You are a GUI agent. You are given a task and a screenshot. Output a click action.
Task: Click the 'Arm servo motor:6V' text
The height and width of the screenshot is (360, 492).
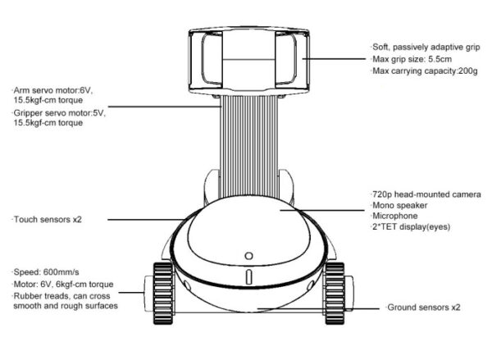[x=49, y=89]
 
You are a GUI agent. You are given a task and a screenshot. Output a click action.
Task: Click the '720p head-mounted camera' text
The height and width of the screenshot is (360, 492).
[x=426, y=194]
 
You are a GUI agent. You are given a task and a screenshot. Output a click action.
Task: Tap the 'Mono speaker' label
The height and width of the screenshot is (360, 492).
[x=399, y=205]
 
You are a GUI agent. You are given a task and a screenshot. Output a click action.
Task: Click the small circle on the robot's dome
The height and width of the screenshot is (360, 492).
[x=247, y=253]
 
